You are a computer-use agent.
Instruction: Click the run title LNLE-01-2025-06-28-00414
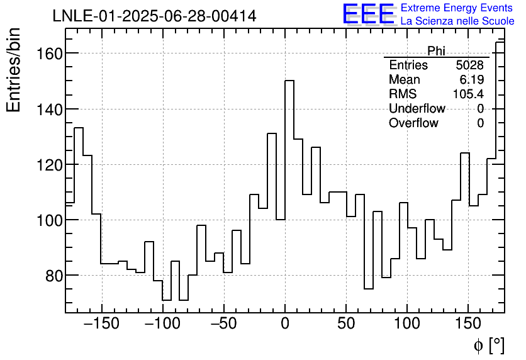(154, 16)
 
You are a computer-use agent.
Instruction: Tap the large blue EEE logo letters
(368, 14)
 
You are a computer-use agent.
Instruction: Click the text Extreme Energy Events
(457, 8)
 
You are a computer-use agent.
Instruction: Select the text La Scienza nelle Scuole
(457, 21)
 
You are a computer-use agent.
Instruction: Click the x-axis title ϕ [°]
(488, 345)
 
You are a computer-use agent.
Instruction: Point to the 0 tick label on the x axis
(285, 324)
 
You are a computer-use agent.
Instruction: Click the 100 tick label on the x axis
(407, 324)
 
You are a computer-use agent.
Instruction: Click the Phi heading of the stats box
(436, 51)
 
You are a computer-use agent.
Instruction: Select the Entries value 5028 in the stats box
(470, 65)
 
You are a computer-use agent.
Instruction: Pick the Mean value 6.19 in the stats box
(473, 80)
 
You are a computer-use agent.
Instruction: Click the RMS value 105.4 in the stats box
(468, 94)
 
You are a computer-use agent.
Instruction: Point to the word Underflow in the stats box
(417, 109)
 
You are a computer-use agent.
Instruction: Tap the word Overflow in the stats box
(413, 123)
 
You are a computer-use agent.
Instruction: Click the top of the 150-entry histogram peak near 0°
(289, 81)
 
